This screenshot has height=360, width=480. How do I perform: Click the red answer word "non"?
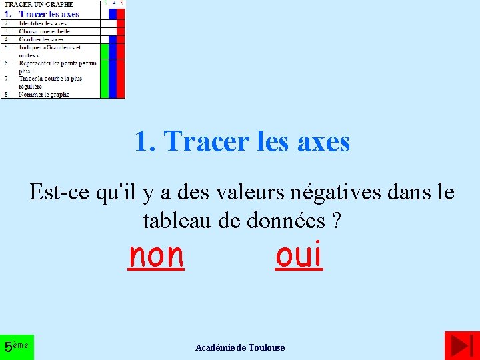point(156,255)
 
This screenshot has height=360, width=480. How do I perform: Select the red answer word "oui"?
point(299,255)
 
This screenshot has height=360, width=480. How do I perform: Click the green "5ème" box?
point(17,347)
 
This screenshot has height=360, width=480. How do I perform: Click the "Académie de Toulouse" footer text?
point(240,347)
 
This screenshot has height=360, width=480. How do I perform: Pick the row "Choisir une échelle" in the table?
point(45,31)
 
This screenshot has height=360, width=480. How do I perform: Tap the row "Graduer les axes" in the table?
point(41,39)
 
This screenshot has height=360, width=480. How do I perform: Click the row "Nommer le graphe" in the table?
point(44,95)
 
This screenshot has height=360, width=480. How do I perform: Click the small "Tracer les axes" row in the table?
point(49,13)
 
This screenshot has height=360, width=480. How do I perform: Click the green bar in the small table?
point(105,71)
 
